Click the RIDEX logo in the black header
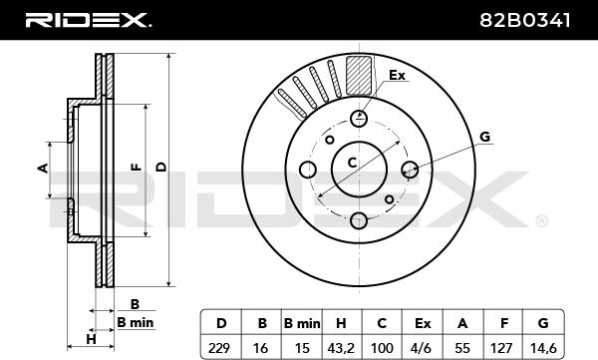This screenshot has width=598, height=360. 88,20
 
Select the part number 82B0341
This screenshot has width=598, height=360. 525,20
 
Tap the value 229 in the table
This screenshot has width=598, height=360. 219,348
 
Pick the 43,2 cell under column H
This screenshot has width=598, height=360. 341,348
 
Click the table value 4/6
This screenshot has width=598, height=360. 422,348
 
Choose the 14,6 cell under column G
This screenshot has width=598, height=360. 543,348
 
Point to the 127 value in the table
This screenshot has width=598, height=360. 501,348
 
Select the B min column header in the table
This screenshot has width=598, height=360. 302,324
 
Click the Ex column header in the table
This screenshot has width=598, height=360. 423,324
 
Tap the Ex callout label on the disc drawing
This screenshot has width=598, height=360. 397,75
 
